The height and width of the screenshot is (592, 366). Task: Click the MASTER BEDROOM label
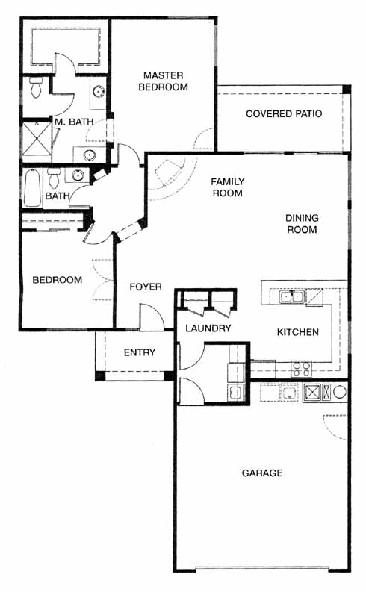163,81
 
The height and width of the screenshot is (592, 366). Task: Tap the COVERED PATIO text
284,113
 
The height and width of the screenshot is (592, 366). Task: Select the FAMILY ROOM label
227,187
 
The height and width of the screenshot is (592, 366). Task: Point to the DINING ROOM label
302,223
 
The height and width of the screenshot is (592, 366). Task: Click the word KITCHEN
297,332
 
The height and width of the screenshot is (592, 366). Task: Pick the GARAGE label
262,473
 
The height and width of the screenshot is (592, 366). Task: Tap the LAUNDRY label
208,328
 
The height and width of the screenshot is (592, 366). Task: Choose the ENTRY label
140,352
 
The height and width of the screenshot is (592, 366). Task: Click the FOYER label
146,287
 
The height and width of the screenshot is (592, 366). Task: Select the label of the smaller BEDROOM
58,280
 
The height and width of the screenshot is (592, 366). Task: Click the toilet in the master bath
36,87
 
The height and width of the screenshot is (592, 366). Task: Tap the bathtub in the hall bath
32,187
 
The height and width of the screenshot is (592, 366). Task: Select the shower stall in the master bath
37,139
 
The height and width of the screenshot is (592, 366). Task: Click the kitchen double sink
291,297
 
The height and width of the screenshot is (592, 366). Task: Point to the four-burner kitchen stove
302,369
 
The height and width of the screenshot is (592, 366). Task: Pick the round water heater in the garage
340,392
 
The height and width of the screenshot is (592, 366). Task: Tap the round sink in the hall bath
78,175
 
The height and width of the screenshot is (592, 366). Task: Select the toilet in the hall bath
54,178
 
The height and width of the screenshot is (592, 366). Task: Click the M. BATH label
74,122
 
